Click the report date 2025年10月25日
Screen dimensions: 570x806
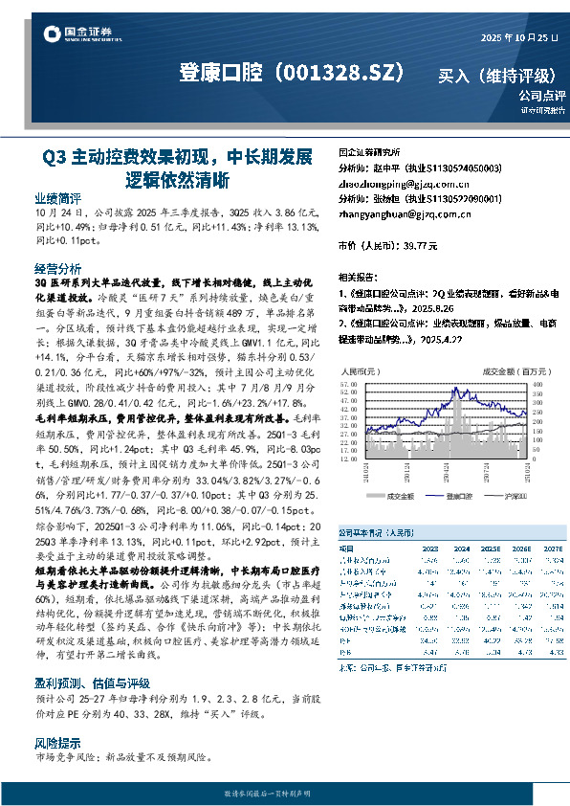[518, 37]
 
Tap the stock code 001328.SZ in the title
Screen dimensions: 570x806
[339, 73]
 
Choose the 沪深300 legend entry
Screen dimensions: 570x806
[514, 497]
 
